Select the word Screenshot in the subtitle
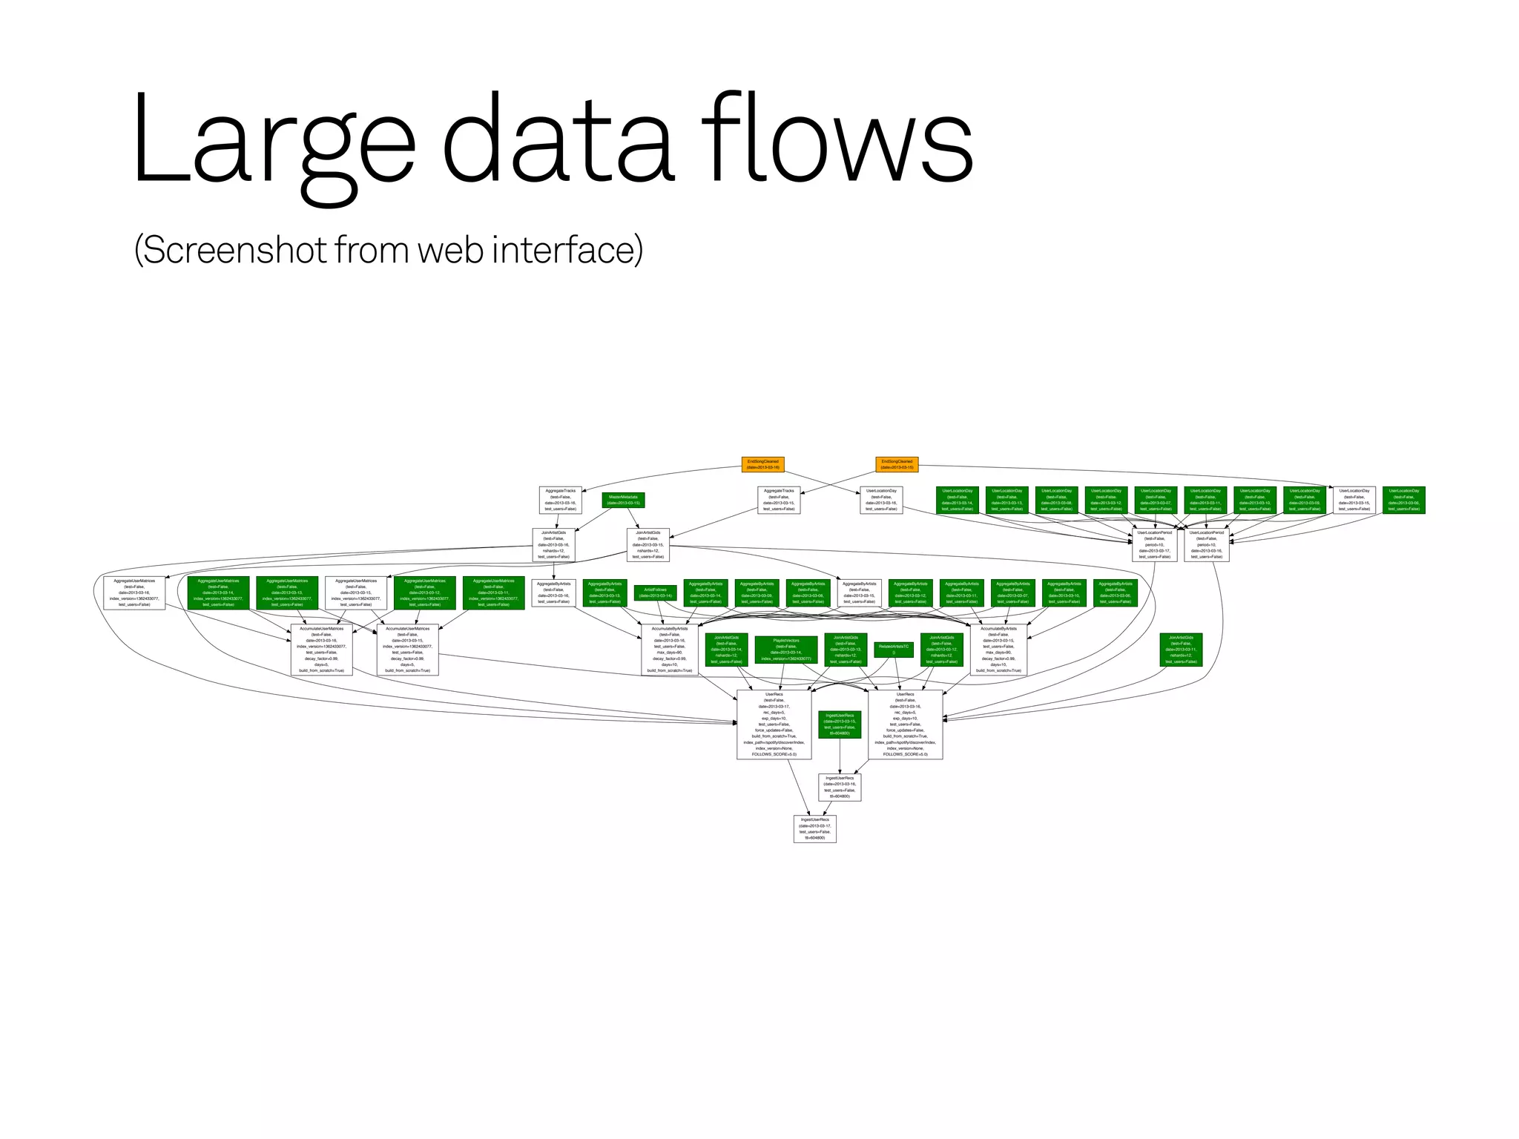[x=234, y=250]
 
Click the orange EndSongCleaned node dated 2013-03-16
[x=762, y=464]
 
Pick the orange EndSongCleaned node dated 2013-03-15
[x=897, y=464]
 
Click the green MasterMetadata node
[x=623, y=500]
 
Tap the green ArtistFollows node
[x=655, y=592]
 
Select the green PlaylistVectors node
[x=786, y=650]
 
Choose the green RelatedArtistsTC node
[x=893, y=650]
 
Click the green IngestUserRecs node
[x=840, y=724]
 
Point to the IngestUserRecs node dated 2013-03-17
[x=814, y=828]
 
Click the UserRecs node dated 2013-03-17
[x=774, y=724]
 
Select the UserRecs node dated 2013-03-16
[x=905, y=724]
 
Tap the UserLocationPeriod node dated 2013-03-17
[x=1154, y=544]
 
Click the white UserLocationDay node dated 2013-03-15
[x=1354, y=500]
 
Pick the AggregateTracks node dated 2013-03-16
[x=560, y=500]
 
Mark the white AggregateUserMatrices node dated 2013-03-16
[x=134, y=592]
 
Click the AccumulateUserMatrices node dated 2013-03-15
[x=407, y=650]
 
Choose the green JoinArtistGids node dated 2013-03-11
[x=1181, y=650]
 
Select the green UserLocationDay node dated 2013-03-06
[x=1403, y=500]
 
